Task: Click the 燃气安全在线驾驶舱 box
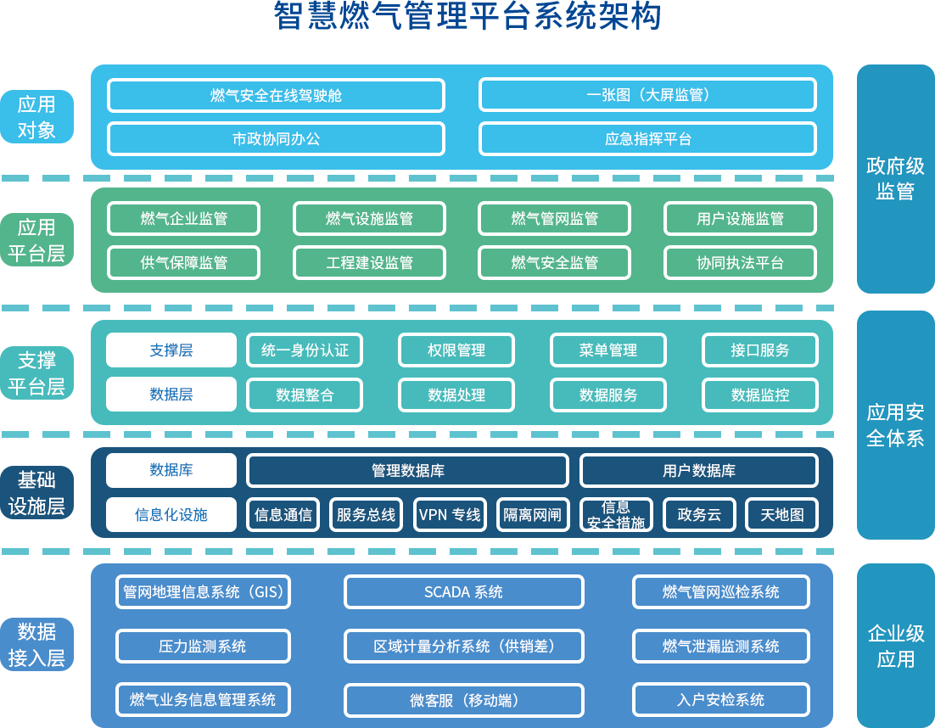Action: point(276,95)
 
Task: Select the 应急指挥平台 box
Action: point(647,139)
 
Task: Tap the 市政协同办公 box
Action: point(276,139)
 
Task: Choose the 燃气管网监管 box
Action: point(554,218)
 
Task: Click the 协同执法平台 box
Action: point(740,263)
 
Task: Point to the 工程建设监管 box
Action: point(369,263)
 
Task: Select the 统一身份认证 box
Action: point(305,350)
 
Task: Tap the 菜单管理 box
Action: point(607,350)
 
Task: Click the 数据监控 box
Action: point(759,395)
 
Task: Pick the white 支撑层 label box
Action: point(171,350)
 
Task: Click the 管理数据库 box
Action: point(407,470)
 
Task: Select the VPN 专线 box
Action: point(450,514)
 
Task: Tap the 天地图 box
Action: point(781,514)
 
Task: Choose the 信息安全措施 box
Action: point(616,514)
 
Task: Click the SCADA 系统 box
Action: point(463,591)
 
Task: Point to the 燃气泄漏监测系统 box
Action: point(720,646)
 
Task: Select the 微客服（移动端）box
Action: point(463,700)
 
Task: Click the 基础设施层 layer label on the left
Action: point(36,493)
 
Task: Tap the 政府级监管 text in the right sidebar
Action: point(895,178)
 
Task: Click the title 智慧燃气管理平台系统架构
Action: point(467,16)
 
